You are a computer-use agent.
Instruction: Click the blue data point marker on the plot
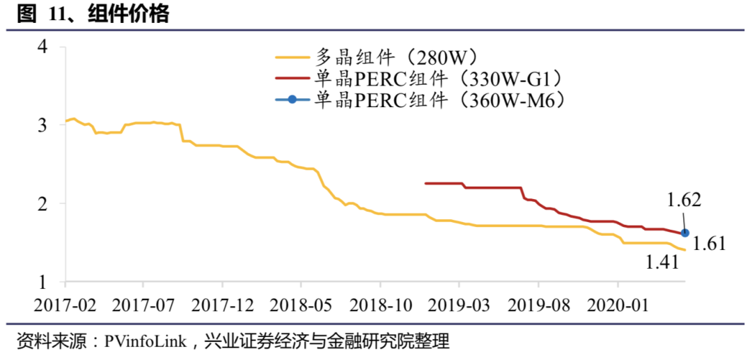point(684,233)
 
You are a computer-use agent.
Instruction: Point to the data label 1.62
point(684,201)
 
